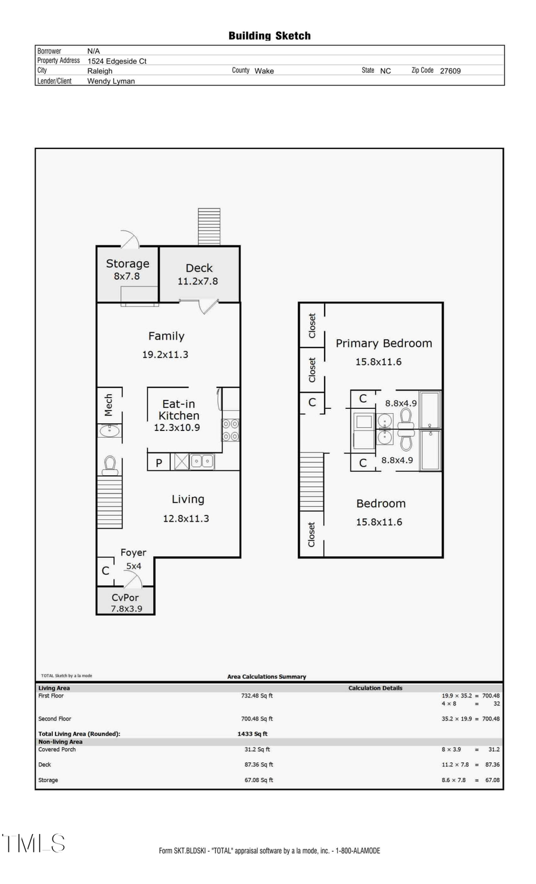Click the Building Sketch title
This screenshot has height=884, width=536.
point(269,36)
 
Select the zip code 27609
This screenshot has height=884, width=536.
point(450,71)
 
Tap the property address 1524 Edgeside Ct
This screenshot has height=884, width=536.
point(117,61)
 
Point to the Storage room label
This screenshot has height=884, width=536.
point(127,263)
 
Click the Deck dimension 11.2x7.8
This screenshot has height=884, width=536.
point(198,281)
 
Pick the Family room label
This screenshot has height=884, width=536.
point(166,336)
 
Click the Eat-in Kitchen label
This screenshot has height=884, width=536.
point(179,410)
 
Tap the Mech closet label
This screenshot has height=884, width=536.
point(108,405)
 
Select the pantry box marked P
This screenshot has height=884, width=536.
point(159,463)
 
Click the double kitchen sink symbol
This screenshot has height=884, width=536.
point(202,461)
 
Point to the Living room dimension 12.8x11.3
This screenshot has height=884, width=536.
point(186,519)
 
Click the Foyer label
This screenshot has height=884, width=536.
point(133,553)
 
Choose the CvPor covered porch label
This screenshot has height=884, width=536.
point(125,597)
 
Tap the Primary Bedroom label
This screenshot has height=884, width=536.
point(384,343)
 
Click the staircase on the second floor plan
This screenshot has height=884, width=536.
point(311,482)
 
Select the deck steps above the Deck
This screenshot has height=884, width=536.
point(209,226)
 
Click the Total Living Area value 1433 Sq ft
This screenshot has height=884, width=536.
point(253,734)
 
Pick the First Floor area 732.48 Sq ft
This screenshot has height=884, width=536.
point(257,696)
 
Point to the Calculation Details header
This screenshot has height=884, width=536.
point(375,688)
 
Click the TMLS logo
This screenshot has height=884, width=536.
point(34,843)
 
